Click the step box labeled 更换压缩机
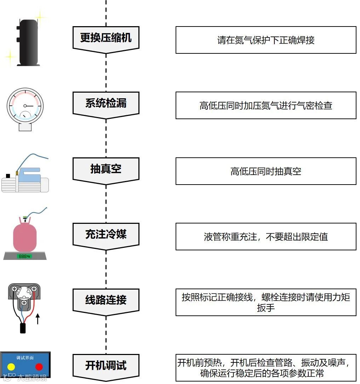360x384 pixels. (106, 38)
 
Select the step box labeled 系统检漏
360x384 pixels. (106, 104)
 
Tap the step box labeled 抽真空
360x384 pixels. (106, 169)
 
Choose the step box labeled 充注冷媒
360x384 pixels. (106, 234)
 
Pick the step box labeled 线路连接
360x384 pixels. (106, 300)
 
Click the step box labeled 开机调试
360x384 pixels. (106, 366)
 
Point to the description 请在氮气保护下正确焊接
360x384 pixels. (266, 40)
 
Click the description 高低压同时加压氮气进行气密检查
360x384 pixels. (266, 105)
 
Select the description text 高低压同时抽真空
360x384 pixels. (266, 171)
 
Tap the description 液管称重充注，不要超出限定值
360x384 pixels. (266, 237)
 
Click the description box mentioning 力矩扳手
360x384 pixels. (266, 302)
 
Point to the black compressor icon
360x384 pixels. (29, 42)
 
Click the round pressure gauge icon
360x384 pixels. (25, 106)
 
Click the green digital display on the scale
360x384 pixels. (25, 256)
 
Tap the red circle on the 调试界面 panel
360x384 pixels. (39, 367)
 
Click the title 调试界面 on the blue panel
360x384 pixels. (25, 357)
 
